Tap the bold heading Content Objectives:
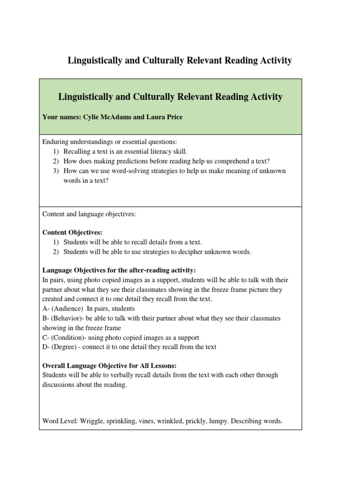[72, 232]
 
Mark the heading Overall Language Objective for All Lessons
[109, 365]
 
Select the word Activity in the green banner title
[261, 97]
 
